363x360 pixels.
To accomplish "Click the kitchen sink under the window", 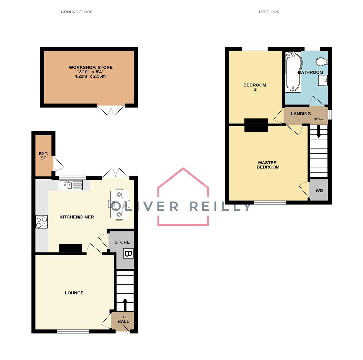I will [71, 185].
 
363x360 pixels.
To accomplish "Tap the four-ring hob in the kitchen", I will [42, 222].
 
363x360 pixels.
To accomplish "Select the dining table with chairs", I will [119, 204].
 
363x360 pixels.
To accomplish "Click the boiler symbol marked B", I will [128, 253].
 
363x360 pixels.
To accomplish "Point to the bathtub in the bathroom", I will [293, 72].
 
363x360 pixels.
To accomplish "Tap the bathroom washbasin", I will [323, 80].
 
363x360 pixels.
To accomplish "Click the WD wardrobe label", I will [319, 191].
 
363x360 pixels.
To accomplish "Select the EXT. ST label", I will [43, 156].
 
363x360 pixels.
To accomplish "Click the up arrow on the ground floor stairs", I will [125, 304].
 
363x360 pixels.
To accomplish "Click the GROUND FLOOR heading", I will [77, 12].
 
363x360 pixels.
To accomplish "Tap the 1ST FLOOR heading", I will [269, 12].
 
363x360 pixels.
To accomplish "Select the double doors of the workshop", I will [111, 110].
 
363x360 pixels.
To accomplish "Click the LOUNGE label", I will [74, 293].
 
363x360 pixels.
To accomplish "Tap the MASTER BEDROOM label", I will [268, 165].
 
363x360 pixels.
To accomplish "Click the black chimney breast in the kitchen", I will [70, 248].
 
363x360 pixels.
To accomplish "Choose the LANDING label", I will [301, 114].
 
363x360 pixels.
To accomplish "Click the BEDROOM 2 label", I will [255, 87].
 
